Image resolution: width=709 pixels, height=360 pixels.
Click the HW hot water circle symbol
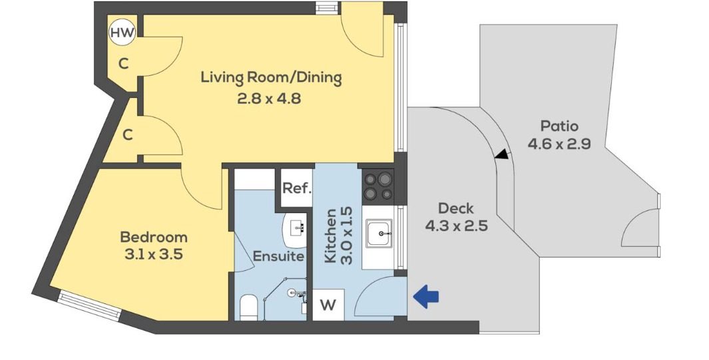[122, 32]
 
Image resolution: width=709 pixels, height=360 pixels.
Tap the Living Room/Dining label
[271, 78]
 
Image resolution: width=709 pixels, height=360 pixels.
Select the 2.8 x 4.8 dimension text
[268, 98]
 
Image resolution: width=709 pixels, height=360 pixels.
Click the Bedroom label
[154, 237]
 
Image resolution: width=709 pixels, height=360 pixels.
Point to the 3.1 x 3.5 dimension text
[154, 254]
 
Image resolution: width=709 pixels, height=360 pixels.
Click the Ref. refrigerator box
[297, 188]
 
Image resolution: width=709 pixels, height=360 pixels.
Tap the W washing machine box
[329, 305]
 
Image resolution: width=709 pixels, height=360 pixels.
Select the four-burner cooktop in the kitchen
[378, 186]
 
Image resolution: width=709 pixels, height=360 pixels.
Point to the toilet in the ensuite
[248, 307]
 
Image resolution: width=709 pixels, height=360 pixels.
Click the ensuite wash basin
[296, 229]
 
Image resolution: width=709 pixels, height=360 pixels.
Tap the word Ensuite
[278, 256]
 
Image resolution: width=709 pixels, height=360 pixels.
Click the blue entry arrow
[426, 296]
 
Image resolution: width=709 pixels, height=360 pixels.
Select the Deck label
[456, 209]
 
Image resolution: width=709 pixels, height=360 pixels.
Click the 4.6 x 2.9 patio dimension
[559, 144]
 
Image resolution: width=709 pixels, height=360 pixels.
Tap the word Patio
[559, 126]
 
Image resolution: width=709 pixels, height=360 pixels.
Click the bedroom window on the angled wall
[89, 305]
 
